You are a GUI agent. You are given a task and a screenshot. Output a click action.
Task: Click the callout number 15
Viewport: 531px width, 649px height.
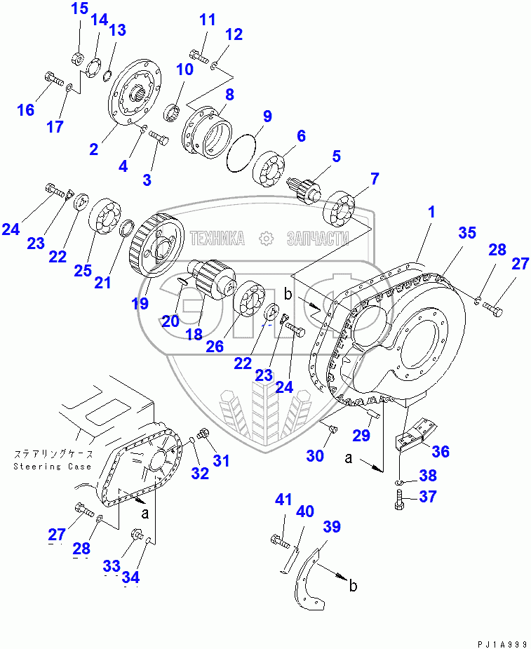[x=80, y=9]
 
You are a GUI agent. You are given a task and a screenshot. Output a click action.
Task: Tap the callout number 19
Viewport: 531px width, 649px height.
[x=140, y=303]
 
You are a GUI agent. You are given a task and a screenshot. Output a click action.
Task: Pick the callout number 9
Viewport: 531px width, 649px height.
[x=267, y=116]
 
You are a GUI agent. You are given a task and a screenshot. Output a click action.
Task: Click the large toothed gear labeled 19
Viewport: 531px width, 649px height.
[x=156, y=246]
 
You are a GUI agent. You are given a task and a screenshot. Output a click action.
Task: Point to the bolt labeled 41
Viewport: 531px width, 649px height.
[x=278, y=540]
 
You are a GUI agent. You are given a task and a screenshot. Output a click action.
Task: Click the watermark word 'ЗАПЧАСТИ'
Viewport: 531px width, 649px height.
[x=317, y=239]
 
